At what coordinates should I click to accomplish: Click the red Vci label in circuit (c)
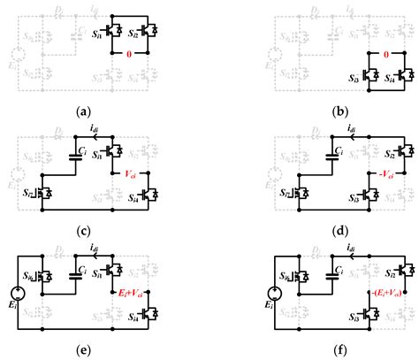coord(133,174)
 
